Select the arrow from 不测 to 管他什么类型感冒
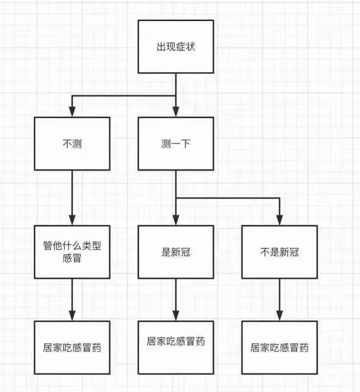[72, 198]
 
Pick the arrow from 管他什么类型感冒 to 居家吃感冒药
[72, 300]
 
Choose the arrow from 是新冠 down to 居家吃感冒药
[176, 300]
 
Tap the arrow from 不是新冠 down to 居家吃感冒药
[280, 300]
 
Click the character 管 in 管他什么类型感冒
[48, 246]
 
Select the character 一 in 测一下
[176, 144]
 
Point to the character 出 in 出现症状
[162, 47]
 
